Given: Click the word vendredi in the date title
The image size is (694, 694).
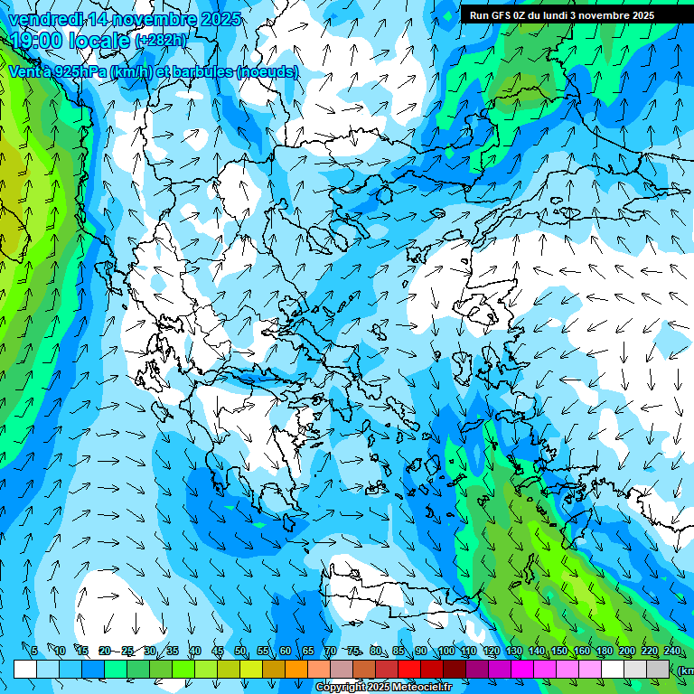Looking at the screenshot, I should (44, 19).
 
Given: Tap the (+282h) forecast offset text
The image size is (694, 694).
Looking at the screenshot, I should (162, 41).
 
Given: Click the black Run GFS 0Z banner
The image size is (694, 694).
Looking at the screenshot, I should (568, 15).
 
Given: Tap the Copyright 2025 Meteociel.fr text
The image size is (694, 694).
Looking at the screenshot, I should (383, 688).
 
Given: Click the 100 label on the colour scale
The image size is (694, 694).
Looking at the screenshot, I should (446, 652).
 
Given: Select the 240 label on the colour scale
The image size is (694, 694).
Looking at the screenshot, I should (672, 652).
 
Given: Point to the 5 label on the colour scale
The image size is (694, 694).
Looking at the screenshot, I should (34, 652).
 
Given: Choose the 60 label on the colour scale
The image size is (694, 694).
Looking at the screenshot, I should (286, 652).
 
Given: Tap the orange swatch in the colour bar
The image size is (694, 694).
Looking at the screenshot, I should (296, 669).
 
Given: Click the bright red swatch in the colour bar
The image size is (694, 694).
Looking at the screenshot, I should (409, 669).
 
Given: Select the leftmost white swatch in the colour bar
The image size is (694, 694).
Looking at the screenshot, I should (25, 669).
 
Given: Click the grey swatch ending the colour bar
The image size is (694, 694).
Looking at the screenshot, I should (658, 669).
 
